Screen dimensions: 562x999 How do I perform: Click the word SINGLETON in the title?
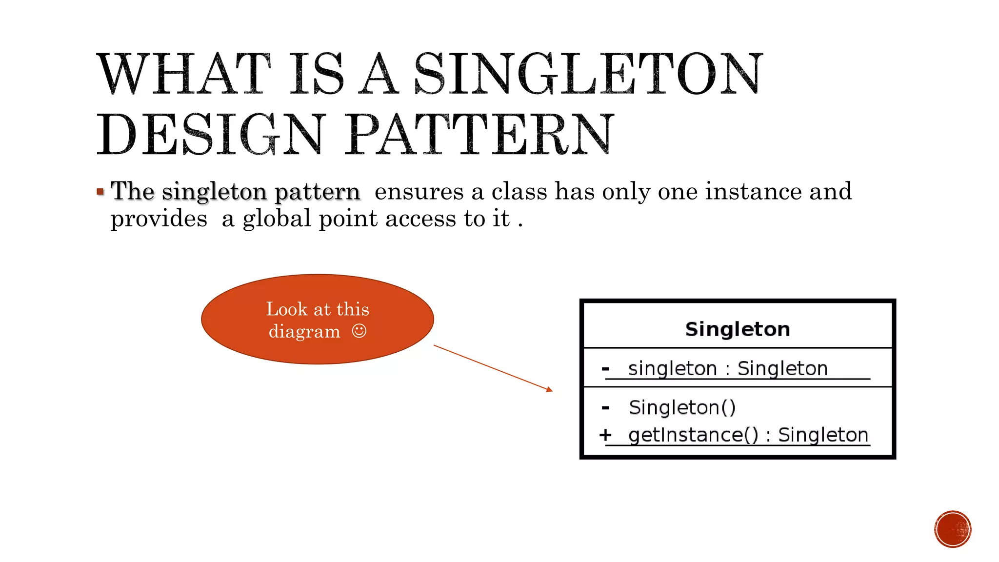tap(588, 74)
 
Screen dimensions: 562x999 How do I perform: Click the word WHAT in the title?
tap(184, 74)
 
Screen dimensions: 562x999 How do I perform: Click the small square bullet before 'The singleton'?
tap(100, 192)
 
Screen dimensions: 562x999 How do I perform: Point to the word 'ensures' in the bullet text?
tap(419, 191)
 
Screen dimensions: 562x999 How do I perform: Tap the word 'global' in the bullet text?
tap(277, 219)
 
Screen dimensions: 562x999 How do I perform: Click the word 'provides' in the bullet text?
tap(159, 219)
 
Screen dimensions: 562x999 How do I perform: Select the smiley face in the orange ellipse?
tap(359, 331)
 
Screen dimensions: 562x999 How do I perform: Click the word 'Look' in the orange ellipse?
tap(286, 309)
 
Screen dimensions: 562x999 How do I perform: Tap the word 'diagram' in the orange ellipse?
tap(304, 331)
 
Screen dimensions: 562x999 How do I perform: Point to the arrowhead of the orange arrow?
tap(550, 389)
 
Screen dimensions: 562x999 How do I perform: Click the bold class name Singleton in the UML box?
tap(738, 329)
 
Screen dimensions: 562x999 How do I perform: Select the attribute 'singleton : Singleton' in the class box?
tap(728, 368)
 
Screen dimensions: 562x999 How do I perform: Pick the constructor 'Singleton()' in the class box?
tap(682, 407)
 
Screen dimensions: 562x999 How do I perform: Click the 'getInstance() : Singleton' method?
tap(748, 435)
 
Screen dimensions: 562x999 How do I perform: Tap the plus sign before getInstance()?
tap(605, 435)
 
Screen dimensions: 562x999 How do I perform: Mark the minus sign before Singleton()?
tap(605, 407)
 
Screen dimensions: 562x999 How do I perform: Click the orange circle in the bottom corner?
tap(953, 529)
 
